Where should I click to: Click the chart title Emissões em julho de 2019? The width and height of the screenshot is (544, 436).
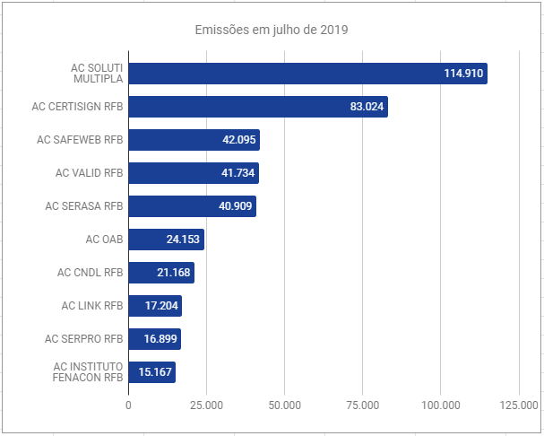(x=272, y=30)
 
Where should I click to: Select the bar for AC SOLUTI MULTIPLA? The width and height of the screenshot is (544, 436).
(x=307, y=74)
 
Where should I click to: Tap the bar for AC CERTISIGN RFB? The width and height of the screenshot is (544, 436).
(x=258, y=107)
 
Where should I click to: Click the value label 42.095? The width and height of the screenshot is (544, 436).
(x=237, y=140)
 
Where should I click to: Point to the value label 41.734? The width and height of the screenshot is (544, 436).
(x=237, y=173)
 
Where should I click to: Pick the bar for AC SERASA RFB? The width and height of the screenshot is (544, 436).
(x=192, y=206)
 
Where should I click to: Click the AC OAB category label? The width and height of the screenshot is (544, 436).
(x=104, y=240)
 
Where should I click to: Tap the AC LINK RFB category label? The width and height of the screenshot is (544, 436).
(x=91, y=306)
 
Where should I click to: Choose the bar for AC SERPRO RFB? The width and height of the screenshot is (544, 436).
(x=154, y=339)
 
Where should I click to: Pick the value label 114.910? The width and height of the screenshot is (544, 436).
(x=463, y=74)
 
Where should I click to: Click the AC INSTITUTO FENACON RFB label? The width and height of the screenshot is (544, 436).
(x=87, y=372)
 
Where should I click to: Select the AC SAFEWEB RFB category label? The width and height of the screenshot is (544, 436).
(x=80, y=140)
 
